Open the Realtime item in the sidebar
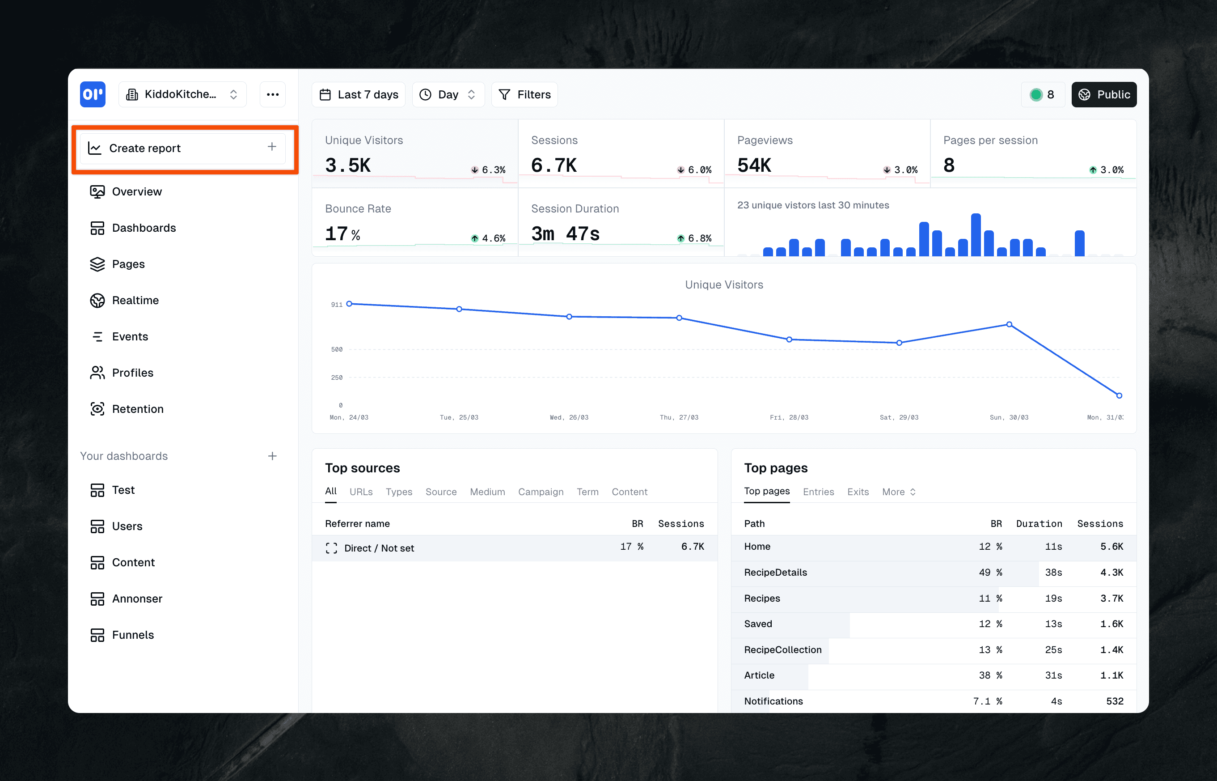tap(135, 300)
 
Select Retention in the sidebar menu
tap(137, 409)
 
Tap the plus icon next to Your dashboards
tap(272, 456)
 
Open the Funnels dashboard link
tap(132, 635)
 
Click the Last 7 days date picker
tap(359, 95)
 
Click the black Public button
tap(1103, 95)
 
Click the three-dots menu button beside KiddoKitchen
tap(273, 95)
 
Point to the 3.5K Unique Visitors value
tap(348, 166)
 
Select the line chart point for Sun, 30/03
tap(1009, 324)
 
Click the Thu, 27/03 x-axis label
tap(679, 417)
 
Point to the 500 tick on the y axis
tap(337, 349)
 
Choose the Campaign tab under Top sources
tap(541, 492)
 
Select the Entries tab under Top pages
tap(818, 492)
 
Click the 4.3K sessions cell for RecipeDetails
tap(1111, 573)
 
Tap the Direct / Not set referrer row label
tap(379, 548)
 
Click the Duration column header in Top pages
tap(1039, 524)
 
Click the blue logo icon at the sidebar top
tap(93, 95)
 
